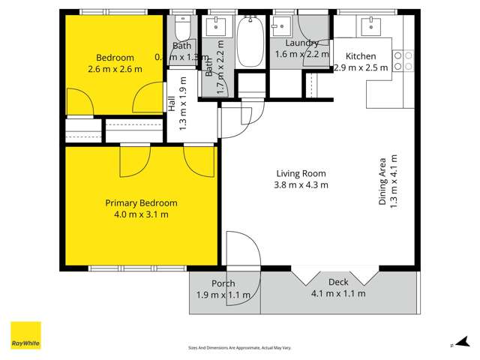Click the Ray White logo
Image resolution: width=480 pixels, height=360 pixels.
25,335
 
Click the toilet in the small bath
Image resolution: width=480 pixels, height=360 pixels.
181,29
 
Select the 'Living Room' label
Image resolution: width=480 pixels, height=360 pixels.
300,173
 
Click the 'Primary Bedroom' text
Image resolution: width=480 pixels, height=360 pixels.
141,203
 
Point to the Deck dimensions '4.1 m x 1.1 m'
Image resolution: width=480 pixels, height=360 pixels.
338,293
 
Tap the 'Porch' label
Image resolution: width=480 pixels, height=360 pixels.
223,283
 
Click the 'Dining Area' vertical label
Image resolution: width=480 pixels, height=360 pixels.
382,181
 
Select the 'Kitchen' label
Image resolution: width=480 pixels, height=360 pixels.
361,55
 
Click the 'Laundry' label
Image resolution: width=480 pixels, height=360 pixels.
301,43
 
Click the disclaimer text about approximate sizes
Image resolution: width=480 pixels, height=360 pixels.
239,348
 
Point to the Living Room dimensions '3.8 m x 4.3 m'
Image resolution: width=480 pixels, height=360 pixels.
300,184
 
